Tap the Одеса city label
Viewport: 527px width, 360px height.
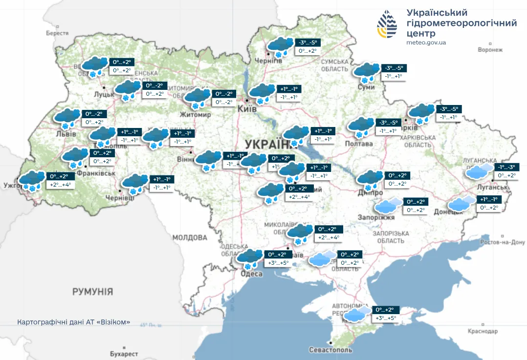250,274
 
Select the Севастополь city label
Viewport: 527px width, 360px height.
330,350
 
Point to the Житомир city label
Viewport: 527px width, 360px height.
196,115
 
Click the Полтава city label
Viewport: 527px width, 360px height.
359,143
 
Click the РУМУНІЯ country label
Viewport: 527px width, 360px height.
92,292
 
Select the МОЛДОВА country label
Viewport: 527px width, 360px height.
190,237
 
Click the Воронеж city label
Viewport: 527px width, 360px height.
490,50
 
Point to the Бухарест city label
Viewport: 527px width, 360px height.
124,354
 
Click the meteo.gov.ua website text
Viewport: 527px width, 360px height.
426,42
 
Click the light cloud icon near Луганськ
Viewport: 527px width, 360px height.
479,171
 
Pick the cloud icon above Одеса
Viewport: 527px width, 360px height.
250,258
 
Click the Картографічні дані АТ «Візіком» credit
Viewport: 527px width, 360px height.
74,323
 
